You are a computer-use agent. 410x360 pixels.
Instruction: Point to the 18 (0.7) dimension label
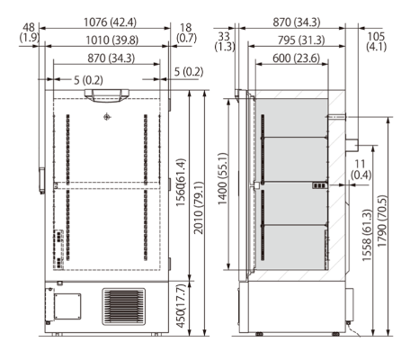(x=187, y=33)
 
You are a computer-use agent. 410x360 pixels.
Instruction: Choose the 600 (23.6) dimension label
(x=289, y=57)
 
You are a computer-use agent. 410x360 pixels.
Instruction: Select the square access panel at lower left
(x=65, y=305)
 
